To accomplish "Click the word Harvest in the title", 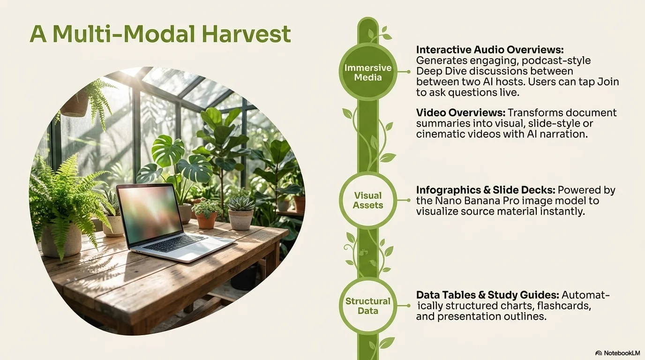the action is click(x=246, y=34).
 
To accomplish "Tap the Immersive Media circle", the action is click(x=368, y=72).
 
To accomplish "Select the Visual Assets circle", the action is click(x=368, y=200).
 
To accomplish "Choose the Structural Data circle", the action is click(x=368, y=306).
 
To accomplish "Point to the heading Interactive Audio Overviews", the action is click(x=490, y=50).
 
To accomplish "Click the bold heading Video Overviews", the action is click(x=461, y=112).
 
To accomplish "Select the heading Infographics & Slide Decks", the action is click(x=486, y=190).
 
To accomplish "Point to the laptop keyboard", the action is click(x=175, y=244).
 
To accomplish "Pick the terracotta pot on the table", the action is click(x=206, y=220).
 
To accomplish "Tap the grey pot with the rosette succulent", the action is click(x=241, y=220).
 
